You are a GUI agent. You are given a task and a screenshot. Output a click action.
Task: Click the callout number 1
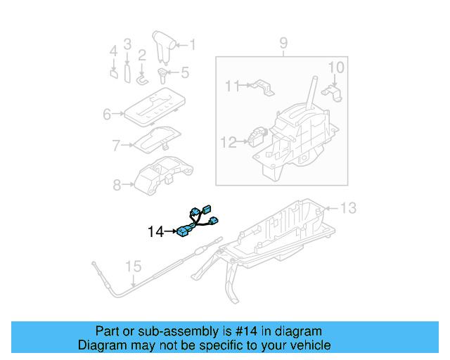coord(192,45)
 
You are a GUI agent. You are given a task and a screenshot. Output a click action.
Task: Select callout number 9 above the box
coord(283,44)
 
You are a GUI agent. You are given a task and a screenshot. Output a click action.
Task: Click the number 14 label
coord(155,231)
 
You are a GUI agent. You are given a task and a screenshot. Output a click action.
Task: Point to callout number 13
coord(349,207)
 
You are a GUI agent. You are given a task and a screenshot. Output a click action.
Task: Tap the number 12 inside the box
coord(229,142)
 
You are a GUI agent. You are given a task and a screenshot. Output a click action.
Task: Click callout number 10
coord(336,67)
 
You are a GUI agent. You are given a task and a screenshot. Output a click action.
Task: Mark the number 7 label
coord(116,146)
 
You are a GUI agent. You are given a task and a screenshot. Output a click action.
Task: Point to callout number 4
coord(113,51)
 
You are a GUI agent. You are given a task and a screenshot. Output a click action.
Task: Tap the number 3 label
coord(127,44)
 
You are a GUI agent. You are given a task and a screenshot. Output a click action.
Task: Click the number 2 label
coord(141,55)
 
